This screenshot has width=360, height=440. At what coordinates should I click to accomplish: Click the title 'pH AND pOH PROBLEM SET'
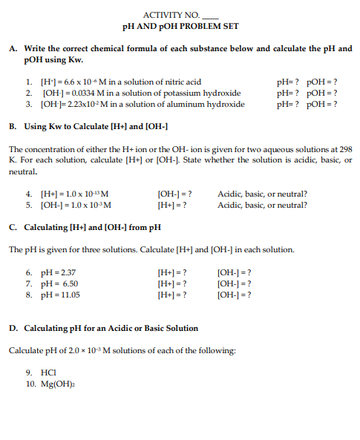(180, 27)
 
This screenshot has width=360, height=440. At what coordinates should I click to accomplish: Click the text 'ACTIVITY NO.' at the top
(168, 15)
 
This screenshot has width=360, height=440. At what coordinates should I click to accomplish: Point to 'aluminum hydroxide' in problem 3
(212, 105)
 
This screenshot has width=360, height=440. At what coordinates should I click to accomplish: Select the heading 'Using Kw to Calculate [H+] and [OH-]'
(96, 127)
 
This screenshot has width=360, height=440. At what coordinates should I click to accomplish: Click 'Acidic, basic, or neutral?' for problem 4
(262, 194)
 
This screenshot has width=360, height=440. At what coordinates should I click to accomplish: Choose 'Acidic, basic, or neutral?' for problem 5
(262, 206)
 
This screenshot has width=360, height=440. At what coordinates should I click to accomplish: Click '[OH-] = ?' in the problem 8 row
(234, 295)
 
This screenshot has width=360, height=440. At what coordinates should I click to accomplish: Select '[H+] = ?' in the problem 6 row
(173, 272)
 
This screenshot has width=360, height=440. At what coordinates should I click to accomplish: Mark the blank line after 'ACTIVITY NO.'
(210, 16)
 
